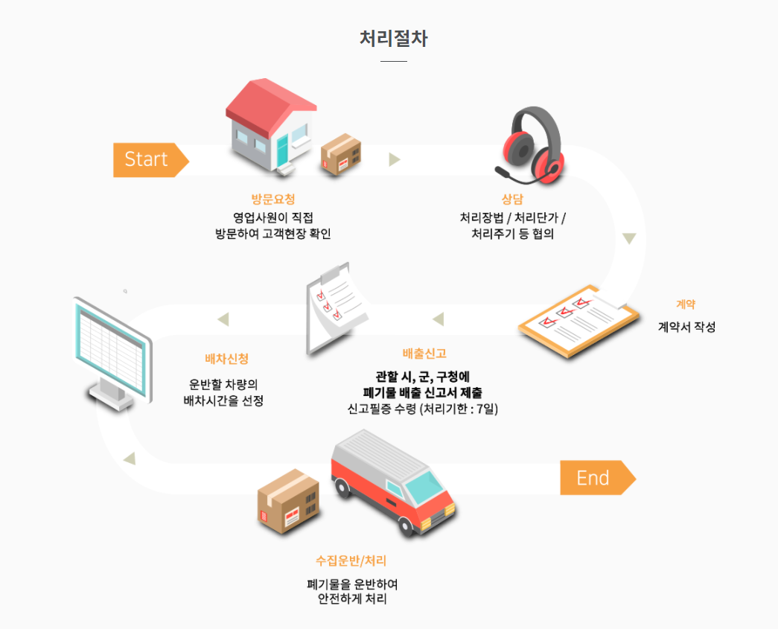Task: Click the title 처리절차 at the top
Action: coord(393,39)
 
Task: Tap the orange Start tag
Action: coord(149,159)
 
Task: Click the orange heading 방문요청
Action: coord(273,199)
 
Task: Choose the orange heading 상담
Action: coord(512,199)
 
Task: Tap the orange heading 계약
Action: coord(686,304)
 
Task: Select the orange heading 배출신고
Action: coord(424,354)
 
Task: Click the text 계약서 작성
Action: coord(686,327)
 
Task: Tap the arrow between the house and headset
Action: coord(395,159)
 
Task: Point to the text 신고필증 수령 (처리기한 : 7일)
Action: coord(423,409)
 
